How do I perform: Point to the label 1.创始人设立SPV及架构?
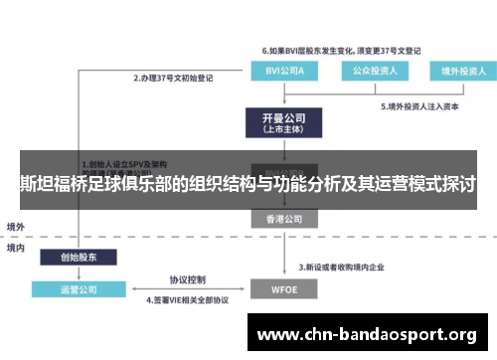[x=124, y=164]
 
